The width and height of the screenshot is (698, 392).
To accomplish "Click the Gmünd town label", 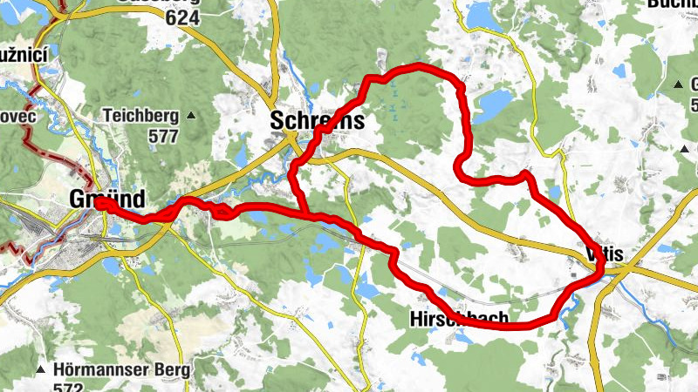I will (106, 199).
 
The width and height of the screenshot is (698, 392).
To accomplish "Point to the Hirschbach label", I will (458, 320).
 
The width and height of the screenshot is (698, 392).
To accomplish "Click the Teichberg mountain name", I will (140, 115).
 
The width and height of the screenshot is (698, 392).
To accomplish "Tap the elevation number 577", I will (163, 136).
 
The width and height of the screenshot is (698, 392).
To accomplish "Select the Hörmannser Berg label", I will (121, 369).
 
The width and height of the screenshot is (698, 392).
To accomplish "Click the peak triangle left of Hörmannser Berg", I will (40, 370).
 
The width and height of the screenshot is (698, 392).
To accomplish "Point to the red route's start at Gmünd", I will (100, 203).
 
